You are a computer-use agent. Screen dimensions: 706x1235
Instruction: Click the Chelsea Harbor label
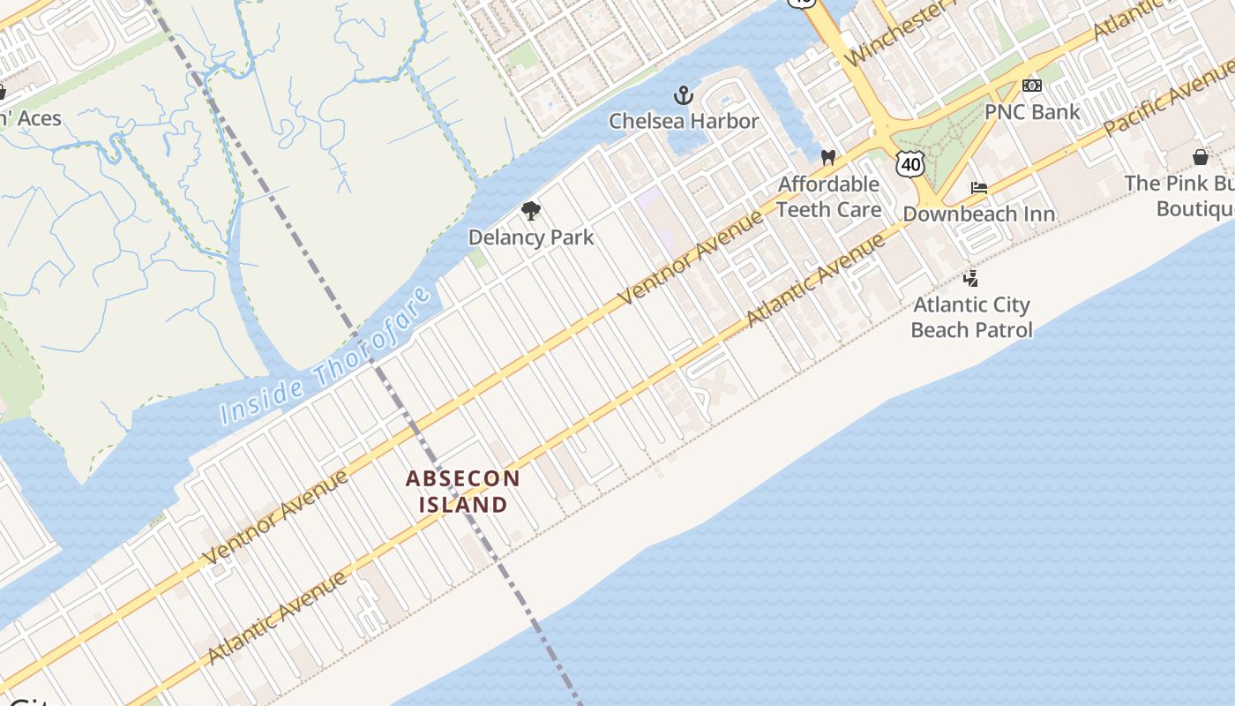coord(684,121)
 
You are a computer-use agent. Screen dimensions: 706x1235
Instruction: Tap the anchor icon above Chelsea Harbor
coord(684,95)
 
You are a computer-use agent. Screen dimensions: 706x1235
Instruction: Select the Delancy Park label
coord(531,237)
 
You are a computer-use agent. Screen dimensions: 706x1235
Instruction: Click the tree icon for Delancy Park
coord(530,211)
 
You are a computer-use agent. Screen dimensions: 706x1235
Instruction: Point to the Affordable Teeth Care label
coord(828,197)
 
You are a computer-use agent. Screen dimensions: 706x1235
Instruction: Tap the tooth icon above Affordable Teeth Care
coord(827,158)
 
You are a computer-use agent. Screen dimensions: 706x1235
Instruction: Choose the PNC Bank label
coord(1032,112)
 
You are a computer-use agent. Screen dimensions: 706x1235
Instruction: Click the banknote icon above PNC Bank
coord(1031,86)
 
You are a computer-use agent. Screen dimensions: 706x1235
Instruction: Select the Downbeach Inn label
coord(978,214)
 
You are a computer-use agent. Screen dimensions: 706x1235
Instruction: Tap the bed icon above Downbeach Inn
coord(978,188)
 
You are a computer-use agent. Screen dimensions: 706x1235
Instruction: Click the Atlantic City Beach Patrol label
coord(971,318)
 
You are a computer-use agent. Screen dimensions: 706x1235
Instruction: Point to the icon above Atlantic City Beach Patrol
coord(970,279)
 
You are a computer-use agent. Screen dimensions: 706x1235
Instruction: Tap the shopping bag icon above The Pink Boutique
coord(1200,157)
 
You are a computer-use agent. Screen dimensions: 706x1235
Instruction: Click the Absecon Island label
coord(463,492)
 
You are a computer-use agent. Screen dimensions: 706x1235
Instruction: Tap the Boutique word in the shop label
coord(1195,209)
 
